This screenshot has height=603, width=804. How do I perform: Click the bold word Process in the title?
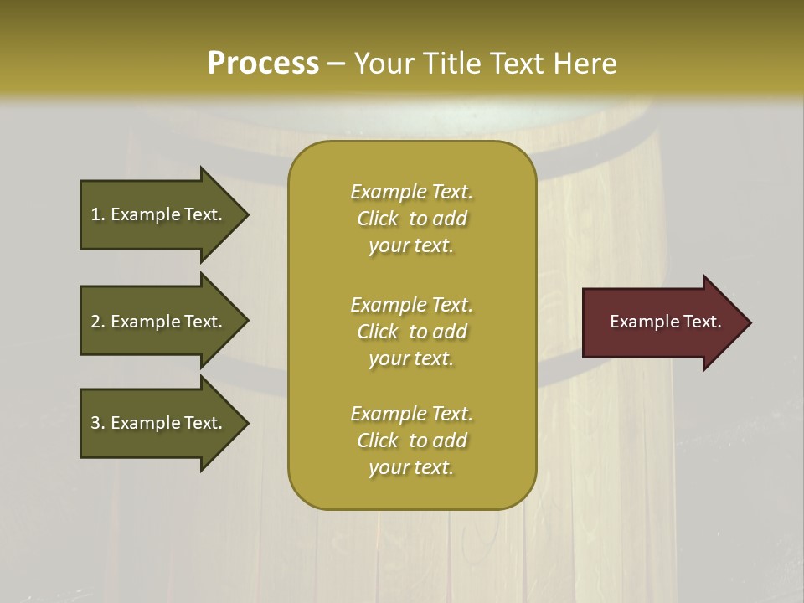coord(263,63)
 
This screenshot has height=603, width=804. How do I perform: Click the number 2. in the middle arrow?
coord(98,322)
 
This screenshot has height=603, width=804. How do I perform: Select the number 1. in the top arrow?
coord(98,214)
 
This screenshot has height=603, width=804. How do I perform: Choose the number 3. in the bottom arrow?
coord(98,423)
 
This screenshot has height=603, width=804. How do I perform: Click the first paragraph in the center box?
coord(411,219)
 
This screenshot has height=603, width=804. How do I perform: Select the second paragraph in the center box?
coord(411,332)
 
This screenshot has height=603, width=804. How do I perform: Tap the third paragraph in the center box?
coord(411,441)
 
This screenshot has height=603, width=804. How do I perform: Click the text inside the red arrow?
coord(665,322)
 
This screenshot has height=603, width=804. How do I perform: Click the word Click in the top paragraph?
coord(378,219)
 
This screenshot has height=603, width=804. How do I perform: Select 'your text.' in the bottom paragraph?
coord(411,467)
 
